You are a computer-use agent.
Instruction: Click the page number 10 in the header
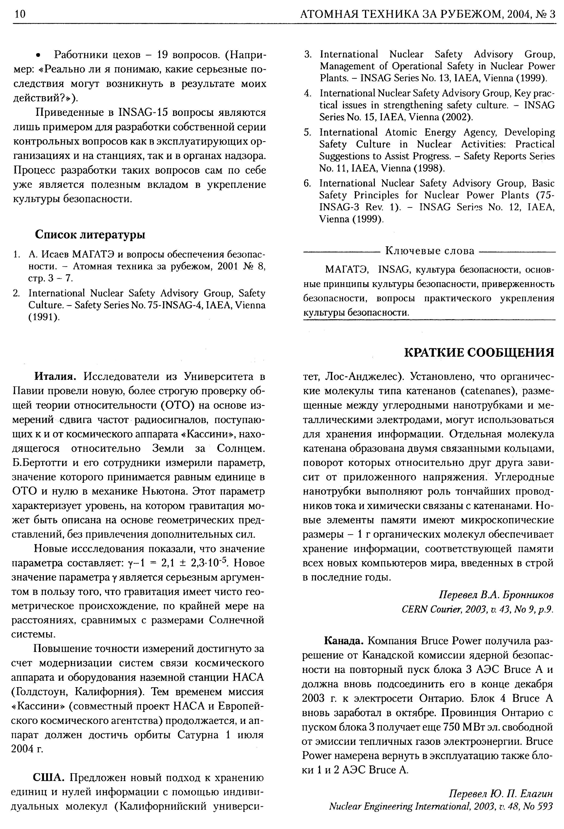coord(20,14)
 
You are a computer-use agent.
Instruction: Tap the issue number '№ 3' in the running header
coord(546,14)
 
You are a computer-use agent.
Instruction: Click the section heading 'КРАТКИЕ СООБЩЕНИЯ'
coord(479,352)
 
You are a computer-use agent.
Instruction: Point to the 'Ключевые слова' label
coord(430,251)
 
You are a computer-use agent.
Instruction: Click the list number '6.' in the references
coord(308,183)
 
